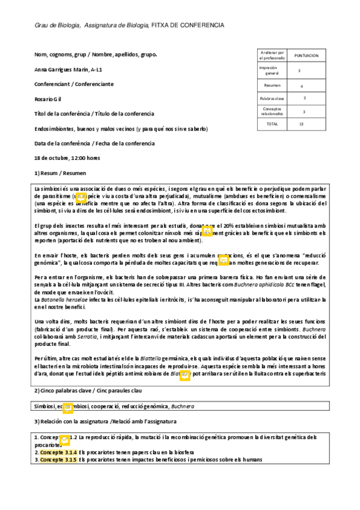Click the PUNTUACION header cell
306,55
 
